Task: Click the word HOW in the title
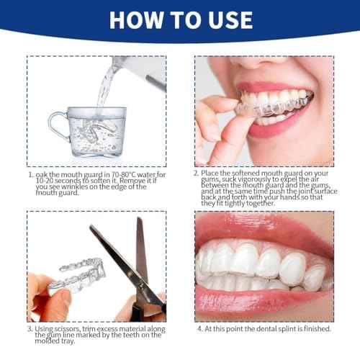(x=139, y=19)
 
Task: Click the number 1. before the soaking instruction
(x=31, y=174)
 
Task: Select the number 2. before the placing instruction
(x=197, y=174)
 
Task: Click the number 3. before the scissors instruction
(x=31, y=329)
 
